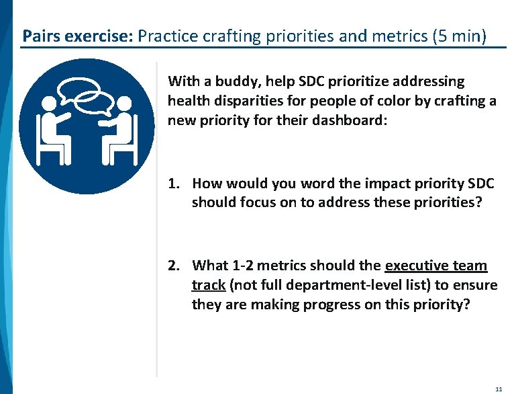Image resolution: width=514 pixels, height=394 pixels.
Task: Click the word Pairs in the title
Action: click(x=40, y=34)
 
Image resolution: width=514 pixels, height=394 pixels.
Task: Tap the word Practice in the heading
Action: click(x=168, y=34)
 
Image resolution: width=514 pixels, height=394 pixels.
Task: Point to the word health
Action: click(x=188, y=100)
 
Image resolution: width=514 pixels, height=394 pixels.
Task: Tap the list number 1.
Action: click(x=173, y=184)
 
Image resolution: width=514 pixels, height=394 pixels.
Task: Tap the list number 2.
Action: click(x=173, y=266)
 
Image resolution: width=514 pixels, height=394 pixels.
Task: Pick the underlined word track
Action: click(x=208, y=286)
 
